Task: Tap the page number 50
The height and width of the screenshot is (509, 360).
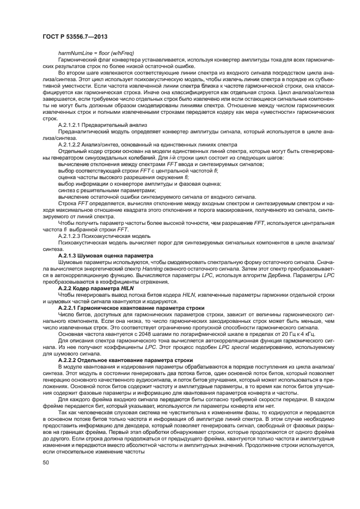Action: point(46,462)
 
